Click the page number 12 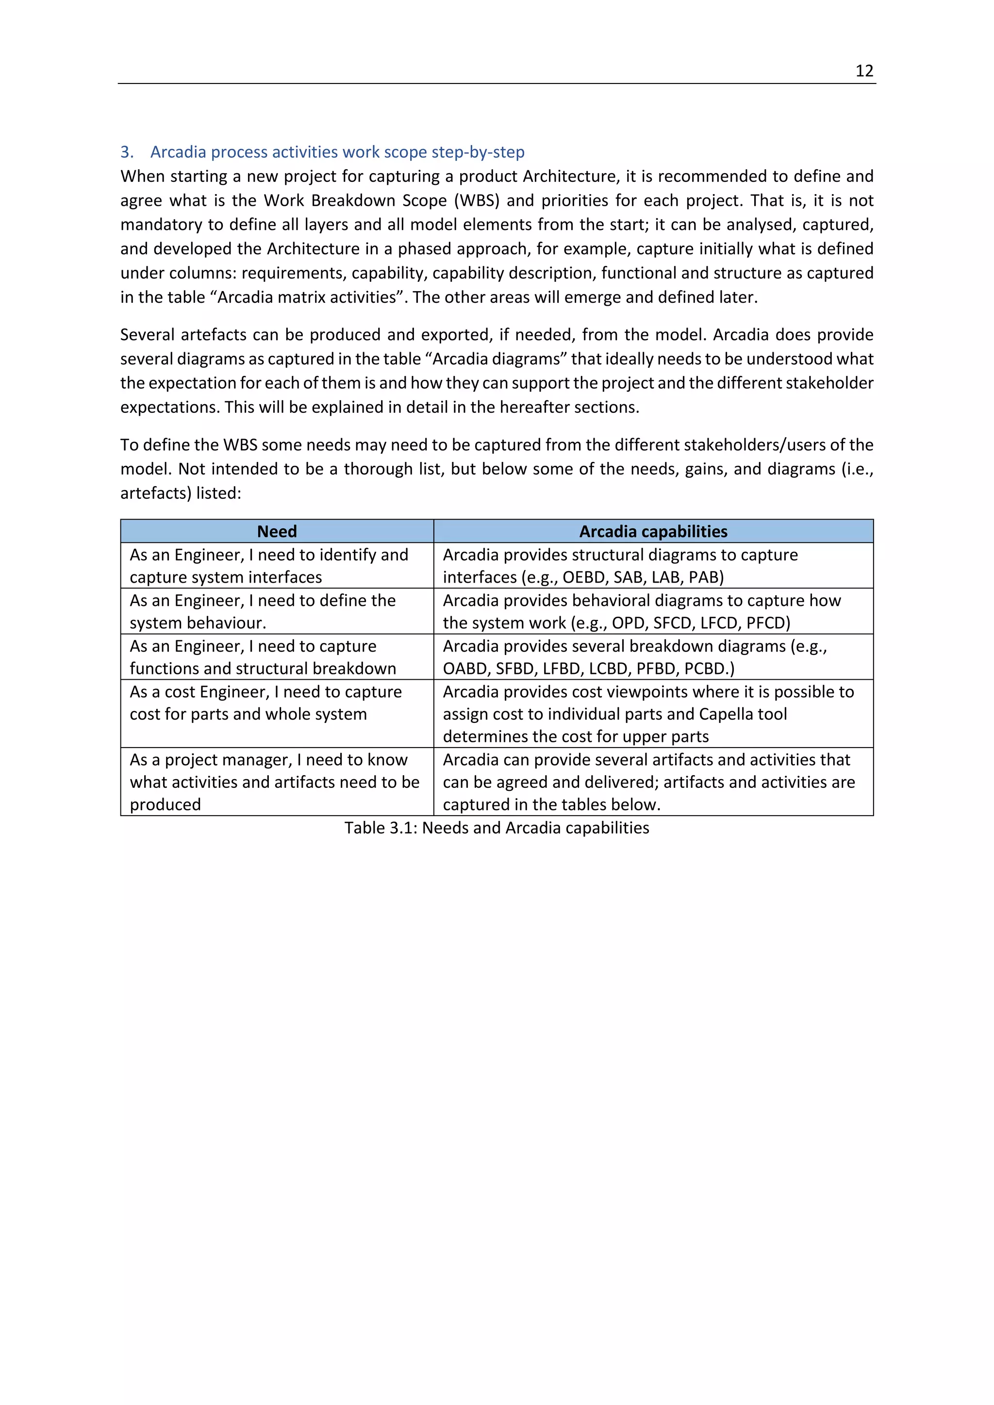point(863,71)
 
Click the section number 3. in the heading point(127,152)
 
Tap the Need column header point(277,531)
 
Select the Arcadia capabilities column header point(653,531)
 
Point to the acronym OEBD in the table point(585,577)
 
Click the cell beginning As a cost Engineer point(265,702)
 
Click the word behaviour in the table point(227,623)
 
